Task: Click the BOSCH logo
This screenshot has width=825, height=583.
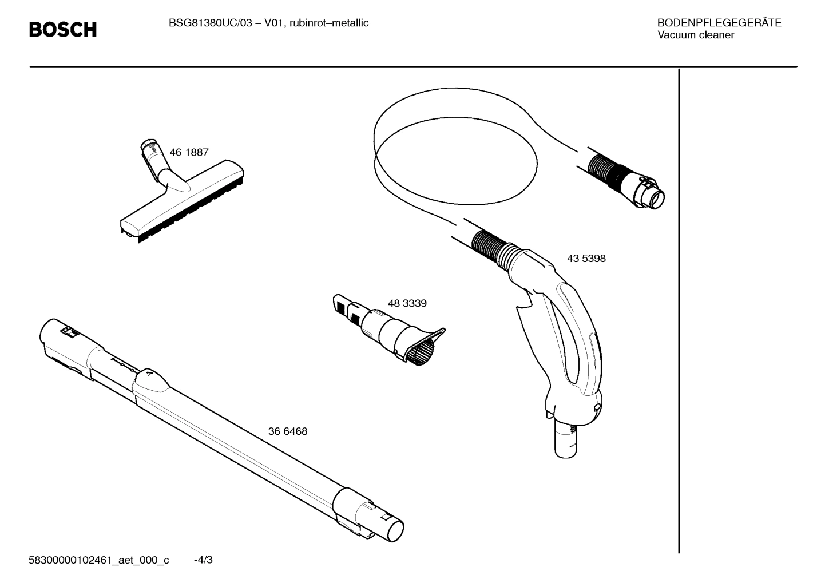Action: tap(63, 29)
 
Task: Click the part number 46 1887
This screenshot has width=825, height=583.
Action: tap(189, 153)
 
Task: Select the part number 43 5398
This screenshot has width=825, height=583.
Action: tap(586, 259)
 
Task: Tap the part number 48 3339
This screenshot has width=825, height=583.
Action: tap(407, 303)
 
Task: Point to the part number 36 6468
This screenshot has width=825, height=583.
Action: tap(287, 431)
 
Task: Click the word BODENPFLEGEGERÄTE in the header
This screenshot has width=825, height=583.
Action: tap(719, 23)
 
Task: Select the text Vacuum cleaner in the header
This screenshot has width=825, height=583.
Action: tap(695, 35)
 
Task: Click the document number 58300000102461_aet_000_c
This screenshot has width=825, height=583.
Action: tap(98, 560)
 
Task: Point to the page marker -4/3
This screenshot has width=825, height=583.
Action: tap(203, 560)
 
